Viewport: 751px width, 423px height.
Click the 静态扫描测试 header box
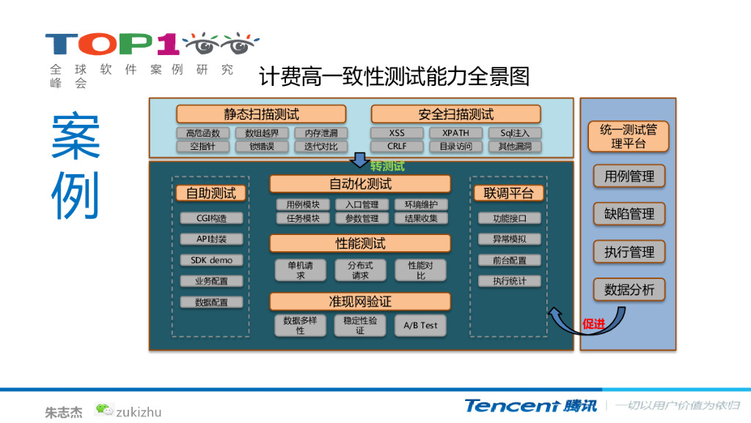click(x=261, y=114)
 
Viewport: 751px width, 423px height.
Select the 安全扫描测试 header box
click(x=455, y=114)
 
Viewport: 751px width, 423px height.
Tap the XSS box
click(x=397, y=133)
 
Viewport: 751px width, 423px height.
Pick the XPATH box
click(x=455, y=133)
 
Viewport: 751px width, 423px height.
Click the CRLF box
click(x=397, y=146)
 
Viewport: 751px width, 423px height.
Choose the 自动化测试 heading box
click(x=359, y=184)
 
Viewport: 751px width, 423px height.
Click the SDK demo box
click(x=211, y=260)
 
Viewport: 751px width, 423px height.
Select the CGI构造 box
click(x=211, y=218)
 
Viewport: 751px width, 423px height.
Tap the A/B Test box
click(x=420, y=325)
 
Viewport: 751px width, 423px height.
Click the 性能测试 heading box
click(x=359, y=243)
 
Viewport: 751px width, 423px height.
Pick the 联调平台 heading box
click(x=509, y=193)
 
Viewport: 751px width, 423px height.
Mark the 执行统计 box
click(x=509, y=281)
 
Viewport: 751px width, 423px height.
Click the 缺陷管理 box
click(x=629, y=214)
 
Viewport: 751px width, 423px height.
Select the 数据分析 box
click(x=629, y=289)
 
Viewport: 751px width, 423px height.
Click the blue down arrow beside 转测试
click(x=360, y=159)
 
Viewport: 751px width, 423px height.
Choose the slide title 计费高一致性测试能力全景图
click(x=395, y=76)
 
